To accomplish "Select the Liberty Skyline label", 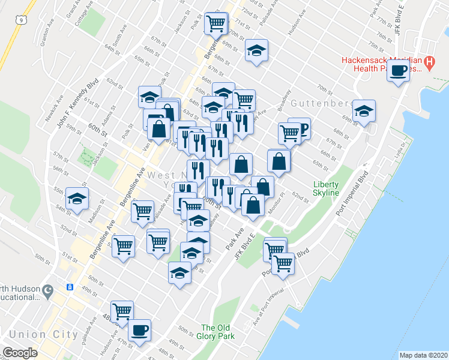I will tap(326, 188).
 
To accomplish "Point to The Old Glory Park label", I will tap(215, 331).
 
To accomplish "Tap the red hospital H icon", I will tap(429, 61).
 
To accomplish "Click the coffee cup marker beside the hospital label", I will tap(399, 72).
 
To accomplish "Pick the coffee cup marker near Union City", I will tap(140, 329).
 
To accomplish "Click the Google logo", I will tap(20, 353).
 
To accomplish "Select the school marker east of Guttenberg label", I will tap(364, 111).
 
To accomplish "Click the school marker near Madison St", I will tap(77, 199).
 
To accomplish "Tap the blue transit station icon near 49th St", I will tap(70, 287).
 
